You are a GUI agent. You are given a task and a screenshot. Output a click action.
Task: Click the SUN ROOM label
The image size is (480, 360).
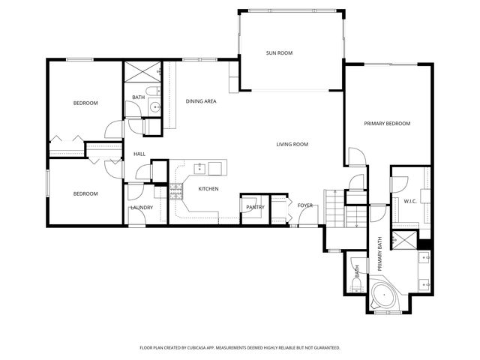(279, 53)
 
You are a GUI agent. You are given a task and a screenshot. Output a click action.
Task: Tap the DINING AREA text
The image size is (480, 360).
(201, 100)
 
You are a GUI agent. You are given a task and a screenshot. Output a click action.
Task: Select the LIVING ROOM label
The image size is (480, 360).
(292, 144)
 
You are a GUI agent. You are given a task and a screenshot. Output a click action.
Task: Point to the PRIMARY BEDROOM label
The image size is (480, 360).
(388, 123)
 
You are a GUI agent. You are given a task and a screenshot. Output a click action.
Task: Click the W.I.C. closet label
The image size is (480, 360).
(409, 200)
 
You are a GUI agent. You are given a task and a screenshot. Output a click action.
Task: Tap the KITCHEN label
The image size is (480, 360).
(208, 189)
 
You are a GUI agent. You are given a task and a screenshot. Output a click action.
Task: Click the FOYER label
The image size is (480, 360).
(304, 205)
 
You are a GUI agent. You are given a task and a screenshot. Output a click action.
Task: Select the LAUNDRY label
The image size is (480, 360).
(142, 208)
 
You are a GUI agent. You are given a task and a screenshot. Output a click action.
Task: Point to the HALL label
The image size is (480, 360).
(139, 154)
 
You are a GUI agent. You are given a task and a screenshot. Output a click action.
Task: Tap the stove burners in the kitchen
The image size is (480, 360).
(178, 191)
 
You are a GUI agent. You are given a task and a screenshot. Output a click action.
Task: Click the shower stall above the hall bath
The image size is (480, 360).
(142, 72)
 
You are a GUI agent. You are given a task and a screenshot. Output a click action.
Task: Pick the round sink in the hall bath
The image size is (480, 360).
(154, 107)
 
